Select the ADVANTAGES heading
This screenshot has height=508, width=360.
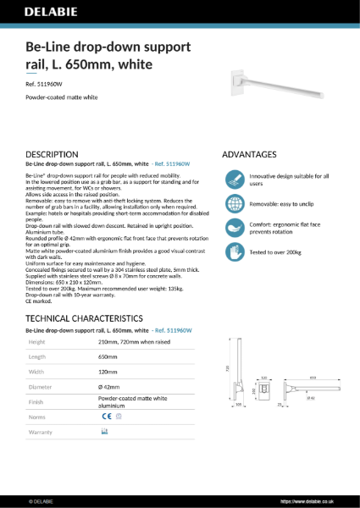click(x=249, y=155)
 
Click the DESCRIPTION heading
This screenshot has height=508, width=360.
click(x=53, y=155)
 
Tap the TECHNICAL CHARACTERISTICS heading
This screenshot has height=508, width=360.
click(x=83, y=317)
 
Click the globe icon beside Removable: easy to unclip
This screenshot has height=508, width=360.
click(x=234, y=204)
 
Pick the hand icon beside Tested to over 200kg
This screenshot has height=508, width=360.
click(x=234, y=251)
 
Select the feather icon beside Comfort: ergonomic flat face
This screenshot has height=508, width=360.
click(x=234, y=228)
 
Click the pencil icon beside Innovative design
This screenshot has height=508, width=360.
click(x=234, y=179)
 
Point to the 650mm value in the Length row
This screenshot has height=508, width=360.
click(x=109, y=357)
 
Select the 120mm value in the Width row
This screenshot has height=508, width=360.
click(x=109, y=372)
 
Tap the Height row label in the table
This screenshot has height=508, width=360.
click(x=38, y=342)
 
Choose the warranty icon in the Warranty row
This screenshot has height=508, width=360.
click(x=104, y=432)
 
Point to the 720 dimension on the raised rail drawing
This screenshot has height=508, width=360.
click(x=226, y=368)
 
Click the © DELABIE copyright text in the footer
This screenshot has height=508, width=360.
click(x=42, y=501)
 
